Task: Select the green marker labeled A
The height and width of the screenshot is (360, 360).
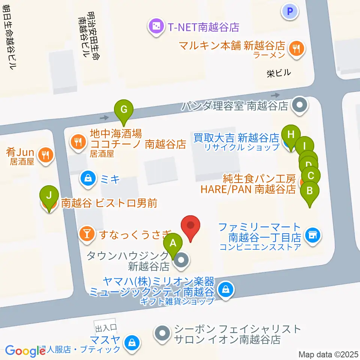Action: (x=173, y=243)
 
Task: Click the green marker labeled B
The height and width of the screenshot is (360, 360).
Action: (x=309, y=190)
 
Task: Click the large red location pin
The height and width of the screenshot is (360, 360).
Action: (x=191, y=226)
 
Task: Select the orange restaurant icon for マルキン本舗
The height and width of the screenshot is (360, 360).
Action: (x=297, y=48)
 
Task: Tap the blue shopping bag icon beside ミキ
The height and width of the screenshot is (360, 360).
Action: (x=88, y=179)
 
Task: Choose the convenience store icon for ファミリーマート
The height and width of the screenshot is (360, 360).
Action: (x=312, y=235)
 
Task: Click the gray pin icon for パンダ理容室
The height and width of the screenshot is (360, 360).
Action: (x=300, y=105)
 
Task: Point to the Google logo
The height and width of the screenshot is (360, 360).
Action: (x=25, y=351)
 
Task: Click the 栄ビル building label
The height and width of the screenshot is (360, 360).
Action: (x=279, y=73)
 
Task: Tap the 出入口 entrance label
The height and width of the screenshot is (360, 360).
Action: (x=106, y=328)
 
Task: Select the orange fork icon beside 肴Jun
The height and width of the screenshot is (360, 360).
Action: (x=46, y=154)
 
